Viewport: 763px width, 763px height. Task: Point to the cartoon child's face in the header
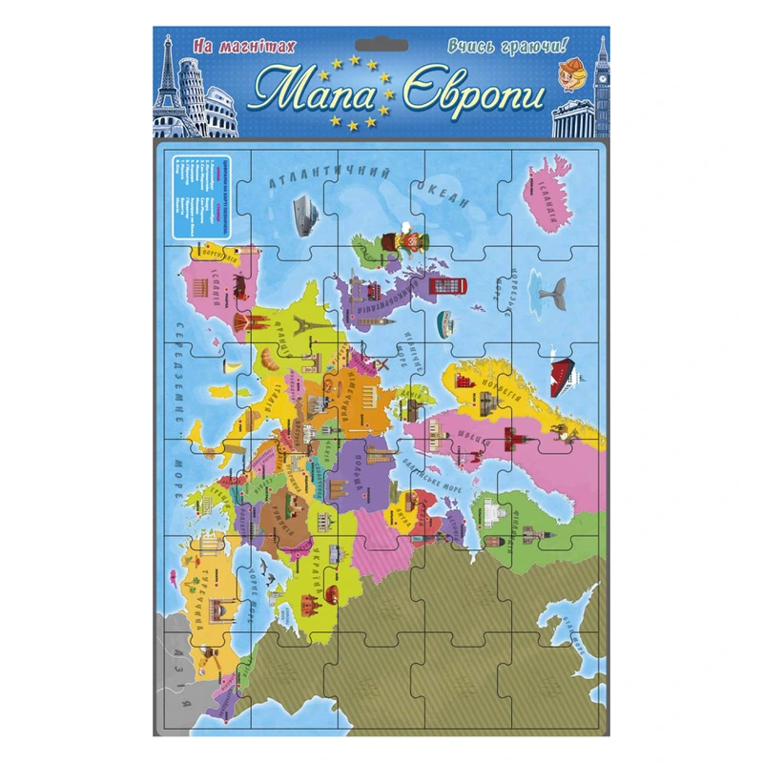(574, 76)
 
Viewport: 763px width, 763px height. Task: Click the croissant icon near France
(268, 361)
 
